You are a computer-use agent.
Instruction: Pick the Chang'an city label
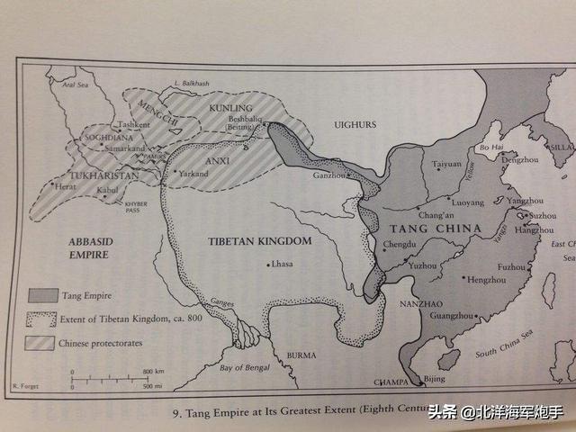436,215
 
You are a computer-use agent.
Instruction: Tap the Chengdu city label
402,244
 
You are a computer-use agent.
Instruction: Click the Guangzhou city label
453,316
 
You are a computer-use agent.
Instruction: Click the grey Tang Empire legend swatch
41,294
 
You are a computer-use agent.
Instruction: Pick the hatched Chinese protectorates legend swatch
41,341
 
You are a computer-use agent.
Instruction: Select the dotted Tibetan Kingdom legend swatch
41,318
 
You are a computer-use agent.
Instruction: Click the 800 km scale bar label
151,371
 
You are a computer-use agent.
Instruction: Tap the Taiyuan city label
448,166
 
